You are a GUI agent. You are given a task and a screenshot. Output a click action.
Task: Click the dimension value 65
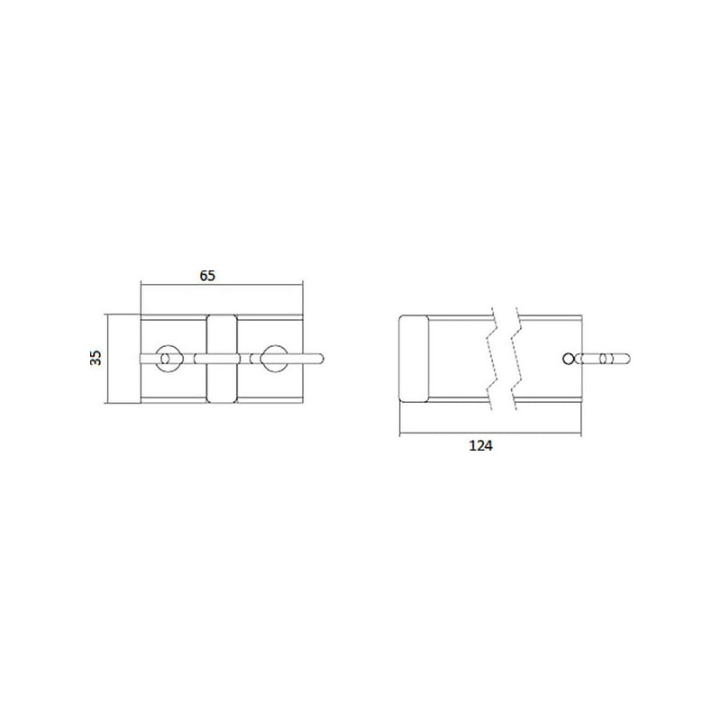207,276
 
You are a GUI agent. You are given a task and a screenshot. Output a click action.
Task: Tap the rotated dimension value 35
96,358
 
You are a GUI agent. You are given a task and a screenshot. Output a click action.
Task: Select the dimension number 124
480,445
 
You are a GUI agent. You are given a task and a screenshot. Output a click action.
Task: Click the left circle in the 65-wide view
157,359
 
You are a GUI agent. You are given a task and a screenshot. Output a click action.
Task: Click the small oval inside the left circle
165,359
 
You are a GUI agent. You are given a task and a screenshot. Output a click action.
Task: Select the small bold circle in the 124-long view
569,359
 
